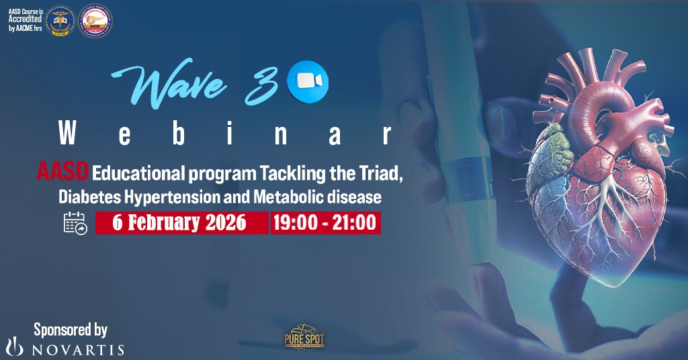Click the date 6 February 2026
[x=181, y=223]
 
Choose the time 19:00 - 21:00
[x=326, y=223]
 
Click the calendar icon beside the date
[x=75, y=223]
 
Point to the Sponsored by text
[x=71, y=329]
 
